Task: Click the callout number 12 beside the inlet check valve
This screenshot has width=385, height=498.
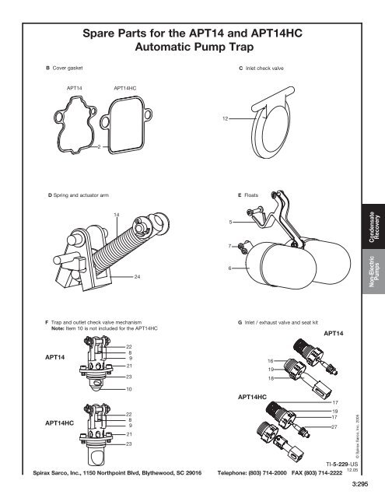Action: click(x=224, y=118)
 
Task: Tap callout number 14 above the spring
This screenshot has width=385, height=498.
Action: click(x=117, y=214)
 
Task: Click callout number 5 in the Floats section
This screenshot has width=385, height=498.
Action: click(x=231, y=223)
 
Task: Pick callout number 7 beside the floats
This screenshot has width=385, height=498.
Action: click(x=231, y=247)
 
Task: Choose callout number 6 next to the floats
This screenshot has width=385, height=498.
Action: click(x=231, y=268)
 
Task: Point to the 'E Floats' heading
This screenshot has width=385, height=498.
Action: click(x=250, y=189)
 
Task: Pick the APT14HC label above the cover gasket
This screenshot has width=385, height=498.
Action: click(x=126, y=89)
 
